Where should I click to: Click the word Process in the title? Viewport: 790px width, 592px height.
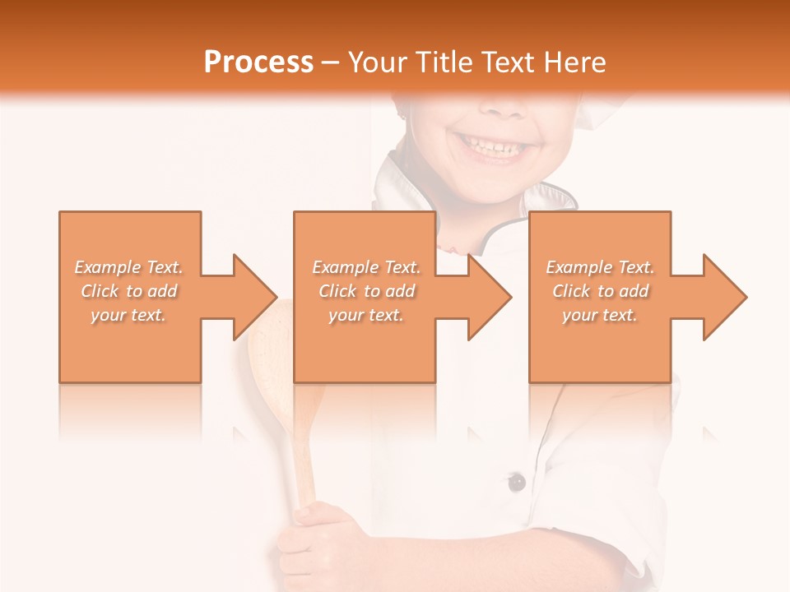(258, 62)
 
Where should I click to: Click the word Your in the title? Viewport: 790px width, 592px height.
(379, 62)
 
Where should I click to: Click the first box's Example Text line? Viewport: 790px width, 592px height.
(128, 267)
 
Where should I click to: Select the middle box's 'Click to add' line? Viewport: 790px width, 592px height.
(366, 291)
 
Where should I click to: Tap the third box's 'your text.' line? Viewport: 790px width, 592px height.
(600, 315)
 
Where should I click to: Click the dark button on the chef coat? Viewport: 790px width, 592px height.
(517, 482)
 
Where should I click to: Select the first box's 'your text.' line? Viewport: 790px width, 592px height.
(128, 315)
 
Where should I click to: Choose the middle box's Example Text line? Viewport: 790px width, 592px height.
(366, 267)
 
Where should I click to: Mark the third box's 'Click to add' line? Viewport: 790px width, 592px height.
(600, 291)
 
